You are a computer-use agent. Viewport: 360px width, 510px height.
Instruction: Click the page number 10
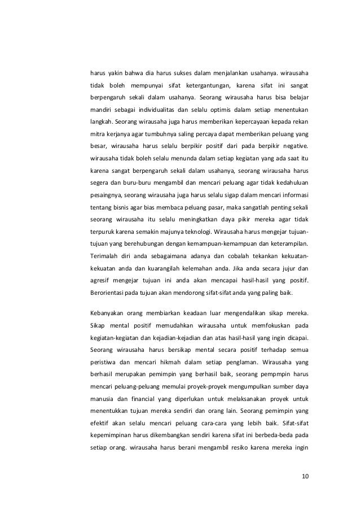pyautogui.click(x=305, y=476)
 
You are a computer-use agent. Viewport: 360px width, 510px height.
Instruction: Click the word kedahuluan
pyautogui.click(x=290, y=183)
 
